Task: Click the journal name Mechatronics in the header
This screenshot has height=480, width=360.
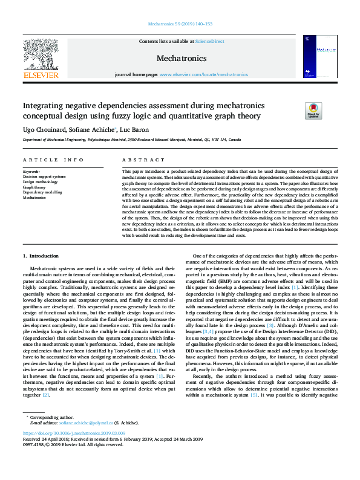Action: click(x=180, y=59)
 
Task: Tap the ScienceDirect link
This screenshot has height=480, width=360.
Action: click(x=208, y=41)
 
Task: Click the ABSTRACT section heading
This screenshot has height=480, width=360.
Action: click(x=135, y=160)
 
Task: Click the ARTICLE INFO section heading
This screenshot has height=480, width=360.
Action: click(x=53, y=160)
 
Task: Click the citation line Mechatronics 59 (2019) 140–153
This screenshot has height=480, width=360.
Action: click(x=180, y=24)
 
